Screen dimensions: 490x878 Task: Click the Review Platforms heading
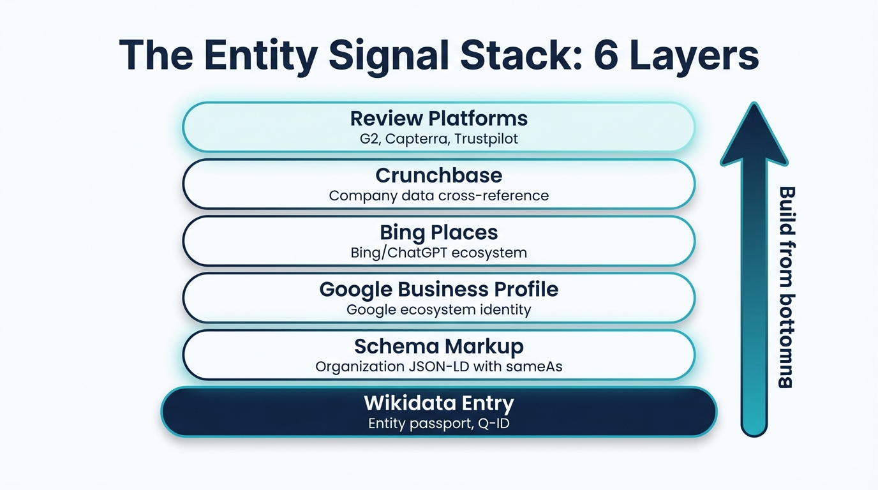pyautogui.click(x=439, y=119)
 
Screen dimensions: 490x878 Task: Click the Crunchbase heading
pyautogui.click(x=439, y=175)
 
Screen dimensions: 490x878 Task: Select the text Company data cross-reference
pyautogui.click(x=439, y=195)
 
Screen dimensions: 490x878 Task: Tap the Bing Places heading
pyautogui.click(x=439, y=232)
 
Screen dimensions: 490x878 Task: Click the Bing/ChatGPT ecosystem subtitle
pyautogui.click(x=439, y=253)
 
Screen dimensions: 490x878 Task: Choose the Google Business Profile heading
pyautogui.click(x=439, y=290)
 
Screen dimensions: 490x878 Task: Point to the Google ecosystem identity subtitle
pyautogui.click(x=439, y=310)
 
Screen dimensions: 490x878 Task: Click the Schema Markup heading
pyautogui.click(x=439, y=346)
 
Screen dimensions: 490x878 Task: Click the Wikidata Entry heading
pyautogui.click(x=439, y=404)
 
